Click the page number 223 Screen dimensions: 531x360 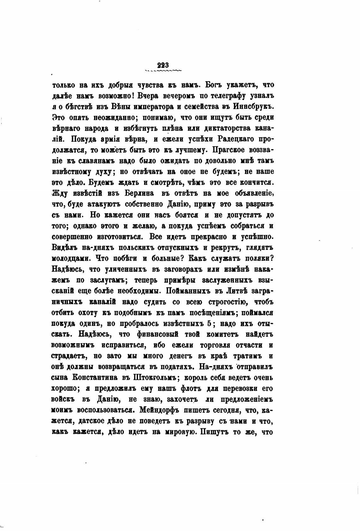(x=163, y=65)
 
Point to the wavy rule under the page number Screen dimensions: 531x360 (x=163, y=71)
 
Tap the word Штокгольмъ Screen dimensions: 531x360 (x=157, y=377)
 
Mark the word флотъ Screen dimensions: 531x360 (x=191, y=388)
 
